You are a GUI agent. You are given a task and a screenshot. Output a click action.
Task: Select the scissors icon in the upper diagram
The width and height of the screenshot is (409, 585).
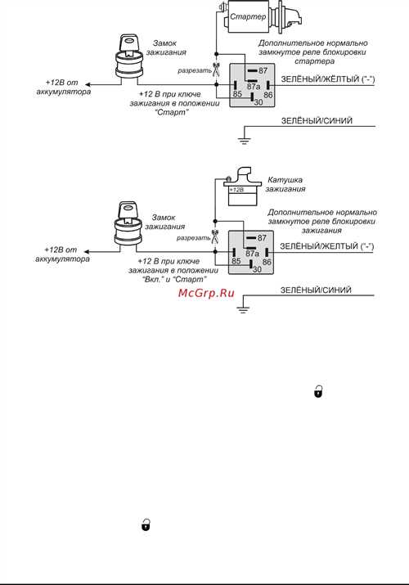click(216, 70)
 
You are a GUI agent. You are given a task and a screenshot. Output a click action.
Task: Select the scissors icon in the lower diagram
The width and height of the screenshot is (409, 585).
click(215, 237)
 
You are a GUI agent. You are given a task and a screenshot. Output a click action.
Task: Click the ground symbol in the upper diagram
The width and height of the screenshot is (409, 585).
click(245, 141)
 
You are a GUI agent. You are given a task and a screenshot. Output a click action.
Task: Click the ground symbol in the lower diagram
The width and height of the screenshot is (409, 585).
click(243, 308)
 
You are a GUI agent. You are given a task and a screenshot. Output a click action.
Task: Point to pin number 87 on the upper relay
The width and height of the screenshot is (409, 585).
click(263, 70)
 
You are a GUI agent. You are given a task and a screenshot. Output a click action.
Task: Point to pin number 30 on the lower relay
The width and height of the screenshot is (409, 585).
click(257, 269)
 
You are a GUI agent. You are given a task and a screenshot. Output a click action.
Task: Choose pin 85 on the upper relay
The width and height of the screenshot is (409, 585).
click(237, 94)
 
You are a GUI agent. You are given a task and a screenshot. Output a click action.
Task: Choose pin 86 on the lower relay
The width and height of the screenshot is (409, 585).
click(267, 262)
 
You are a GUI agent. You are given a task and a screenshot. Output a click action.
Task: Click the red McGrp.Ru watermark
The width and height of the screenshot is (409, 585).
click(206, 293)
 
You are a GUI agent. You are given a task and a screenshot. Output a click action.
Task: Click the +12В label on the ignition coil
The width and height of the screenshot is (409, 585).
click(236, 190)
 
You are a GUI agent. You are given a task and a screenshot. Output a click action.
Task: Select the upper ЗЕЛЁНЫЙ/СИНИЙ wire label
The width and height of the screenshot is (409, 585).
click(317, 121)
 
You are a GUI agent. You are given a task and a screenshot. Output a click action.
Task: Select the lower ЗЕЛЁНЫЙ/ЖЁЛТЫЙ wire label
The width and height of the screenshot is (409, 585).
click(326, 246)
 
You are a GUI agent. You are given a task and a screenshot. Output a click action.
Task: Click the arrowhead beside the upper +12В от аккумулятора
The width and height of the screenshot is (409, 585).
click(87, 84)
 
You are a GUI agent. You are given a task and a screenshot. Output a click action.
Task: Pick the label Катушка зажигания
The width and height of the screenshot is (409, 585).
click(285, 184)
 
